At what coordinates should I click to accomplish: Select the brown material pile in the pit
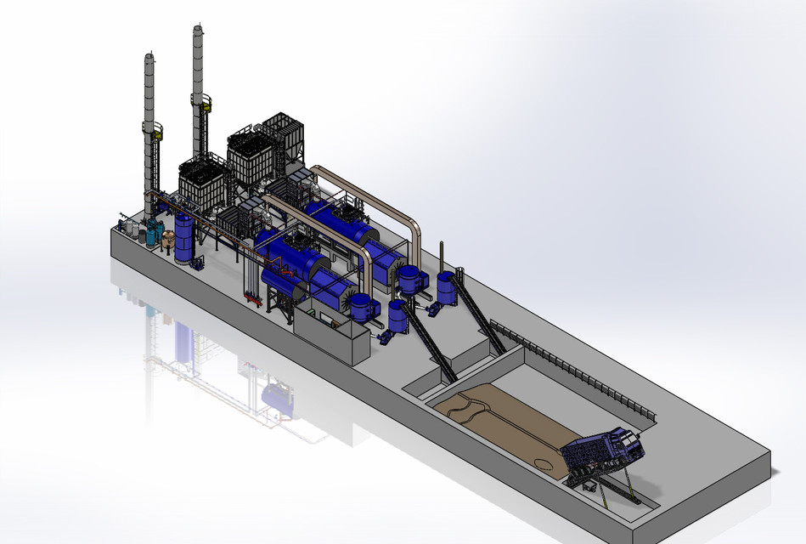click(501, 421)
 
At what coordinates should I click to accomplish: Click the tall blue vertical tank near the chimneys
click(183, 238)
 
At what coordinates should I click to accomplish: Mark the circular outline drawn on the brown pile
click(543, 462)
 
